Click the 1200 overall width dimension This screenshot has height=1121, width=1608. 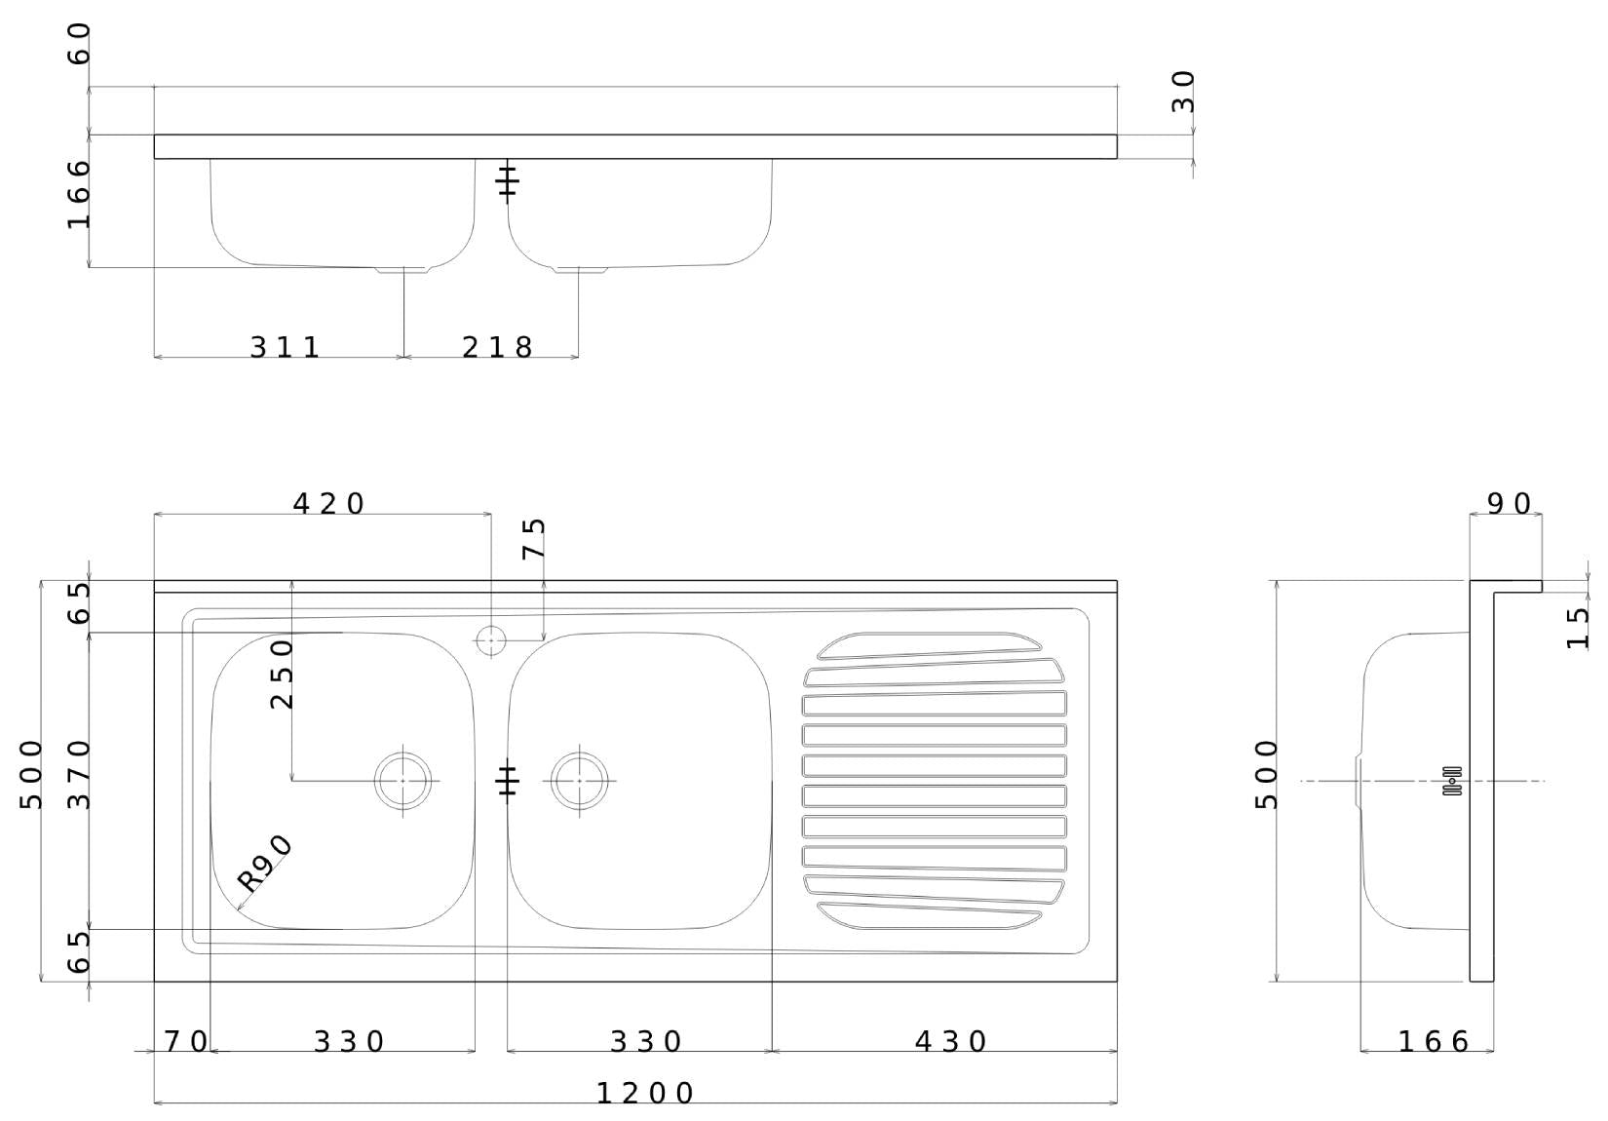[644, 1093]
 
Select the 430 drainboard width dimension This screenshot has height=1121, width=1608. [950, 1042]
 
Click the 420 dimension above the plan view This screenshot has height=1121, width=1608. [328, 504]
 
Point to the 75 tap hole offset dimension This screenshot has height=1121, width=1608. [534, 538]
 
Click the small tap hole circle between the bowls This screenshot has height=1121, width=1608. [490, 640]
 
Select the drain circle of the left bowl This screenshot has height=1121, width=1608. [403, 781]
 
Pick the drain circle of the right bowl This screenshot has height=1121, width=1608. [579, 781]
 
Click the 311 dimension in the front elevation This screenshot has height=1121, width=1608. [285, 347]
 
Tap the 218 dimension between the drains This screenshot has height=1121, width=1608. [497, 347]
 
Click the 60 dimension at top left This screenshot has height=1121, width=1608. [79, 44]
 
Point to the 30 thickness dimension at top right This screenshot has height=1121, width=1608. [1183, 92]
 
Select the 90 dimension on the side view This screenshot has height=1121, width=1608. [1509, 504]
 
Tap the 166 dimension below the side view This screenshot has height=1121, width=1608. [1433, 1042]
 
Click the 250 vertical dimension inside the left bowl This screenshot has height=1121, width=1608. [282, 674]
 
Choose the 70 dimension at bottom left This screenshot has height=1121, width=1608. [185, 1042]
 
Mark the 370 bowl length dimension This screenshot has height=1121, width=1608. [79, 775]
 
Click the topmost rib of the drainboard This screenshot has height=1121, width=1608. [931, 644]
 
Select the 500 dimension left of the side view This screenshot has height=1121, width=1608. [1266, 775]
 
